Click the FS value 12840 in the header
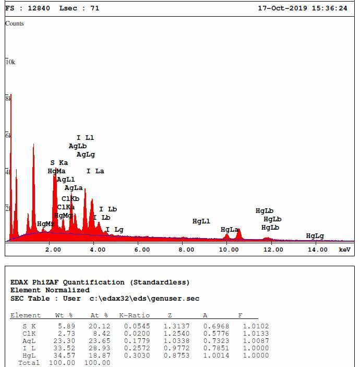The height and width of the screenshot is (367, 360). (40, 8)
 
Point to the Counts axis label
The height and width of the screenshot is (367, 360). (15, 23)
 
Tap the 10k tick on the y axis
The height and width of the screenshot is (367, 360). (10, 62)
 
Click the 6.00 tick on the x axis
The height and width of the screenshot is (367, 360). (142, 250)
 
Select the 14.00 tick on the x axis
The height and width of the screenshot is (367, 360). (317, 250)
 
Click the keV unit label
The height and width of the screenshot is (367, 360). (345, 250)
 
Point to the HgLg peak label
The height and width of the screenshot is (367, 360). (315, 236)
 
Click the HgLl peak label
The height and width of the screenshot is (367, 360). (201, 221)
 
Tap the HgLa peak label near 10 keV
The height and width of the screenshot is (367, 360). (230, 230)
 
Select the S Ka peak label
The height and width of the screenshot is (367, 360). (59, 163)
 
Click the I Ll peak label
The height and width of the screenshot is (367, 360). (85, 138)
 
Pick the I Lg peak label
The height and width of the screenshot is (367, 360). (114, 230)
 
